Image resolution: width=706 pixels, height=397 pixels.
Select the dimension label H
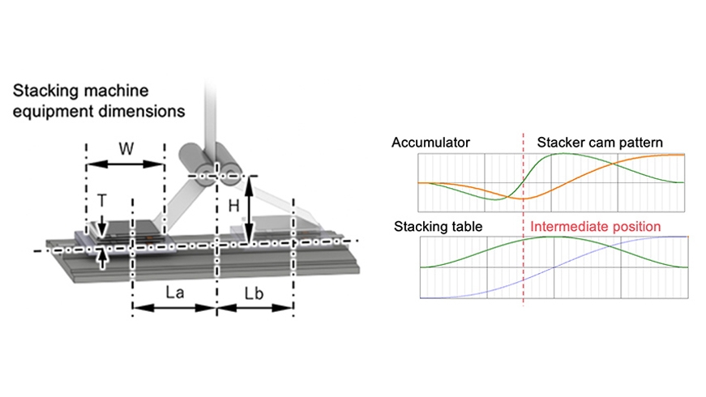click(233, 207)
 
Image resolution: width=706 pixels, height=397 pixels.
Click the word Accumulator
click(430, 143)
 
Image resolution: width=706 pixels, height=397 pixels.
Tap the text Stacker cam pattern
click(599, 143)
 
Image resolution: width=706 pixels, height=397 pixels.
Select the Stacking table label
click(438, 227)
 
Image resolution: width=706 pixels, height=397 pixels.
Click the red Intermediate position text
click(595, 227)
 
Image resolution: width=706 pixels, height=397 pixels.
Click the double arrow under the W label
click(126, 164)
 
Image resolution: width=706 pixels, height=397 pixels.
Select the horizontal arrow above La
click(173, 308)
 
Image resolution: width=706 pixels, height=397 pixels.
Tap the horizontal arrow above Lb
click(255, 308)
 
